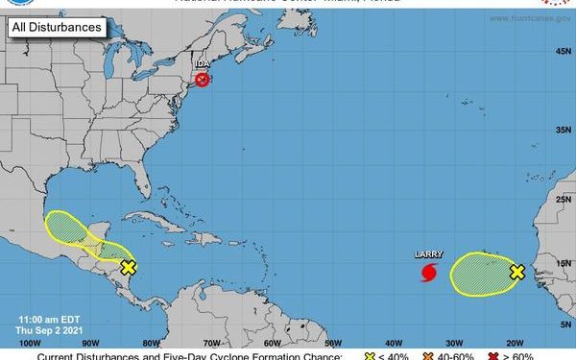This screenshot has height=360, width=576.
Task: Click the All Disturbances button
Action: [x=56, y=28]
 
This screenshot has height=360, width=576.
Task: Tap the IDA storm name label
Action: [x=203, y=64]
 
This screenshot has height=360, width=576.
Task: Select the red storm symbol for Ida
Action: [x=202, y=81]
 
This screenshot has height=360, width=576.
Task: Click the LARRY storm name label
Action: [x=427, y=255]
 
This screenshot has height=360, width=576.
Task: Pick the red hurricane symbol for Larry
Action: [x=428, y=273]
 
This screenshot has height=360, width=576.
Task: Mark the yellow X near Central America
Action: [x=129, y=268]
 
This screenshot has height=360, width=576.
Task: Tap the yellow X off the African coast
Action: [x=516, y=272]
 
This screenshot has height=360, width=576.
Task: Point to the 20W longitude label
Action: [x=514, y=342]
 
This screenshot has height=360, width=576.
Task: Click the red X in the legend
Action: [x=492, y=356]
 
